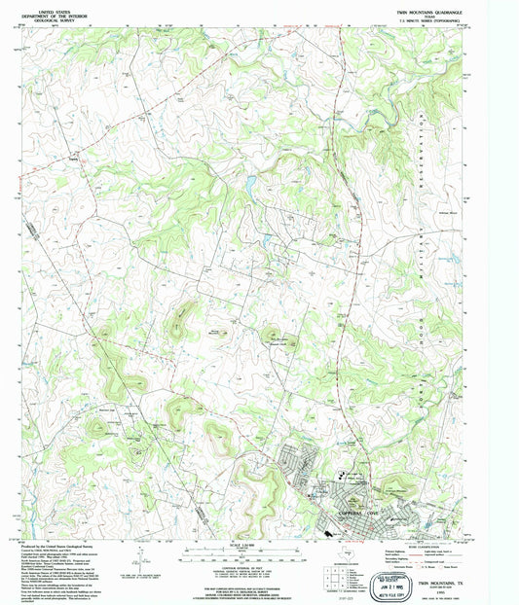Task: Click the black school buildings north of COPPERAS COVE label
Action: (x=343, y=476)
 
